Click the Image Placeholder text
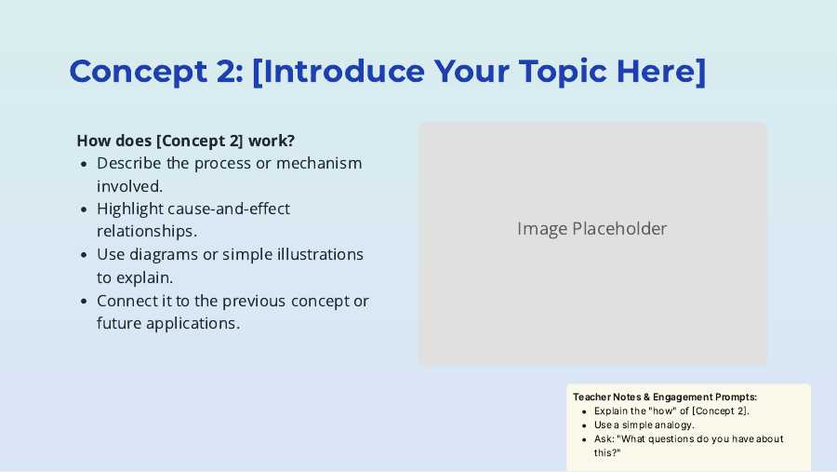pyautogui.click(x=592, y=229)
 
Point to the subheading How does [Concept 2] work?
pyautogui.click(x=186, y=141)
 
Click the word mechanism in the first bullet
pyautogui.click(x=319, y=163)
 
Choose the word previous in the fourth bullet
pyautogui.click(x=252, y=302)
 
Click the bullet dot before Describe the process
pyautogui.click(x=84, y=164)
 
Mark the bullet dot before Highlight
pyautogui.click(x=84, y=209)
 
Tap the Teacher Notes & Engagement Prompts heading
pyautogui.click(x=665, y=398)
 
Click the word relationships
pyautogui.click(x=147, y=232)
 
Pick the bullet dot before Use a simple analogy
pyautogui.click(x=585, y=426)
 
